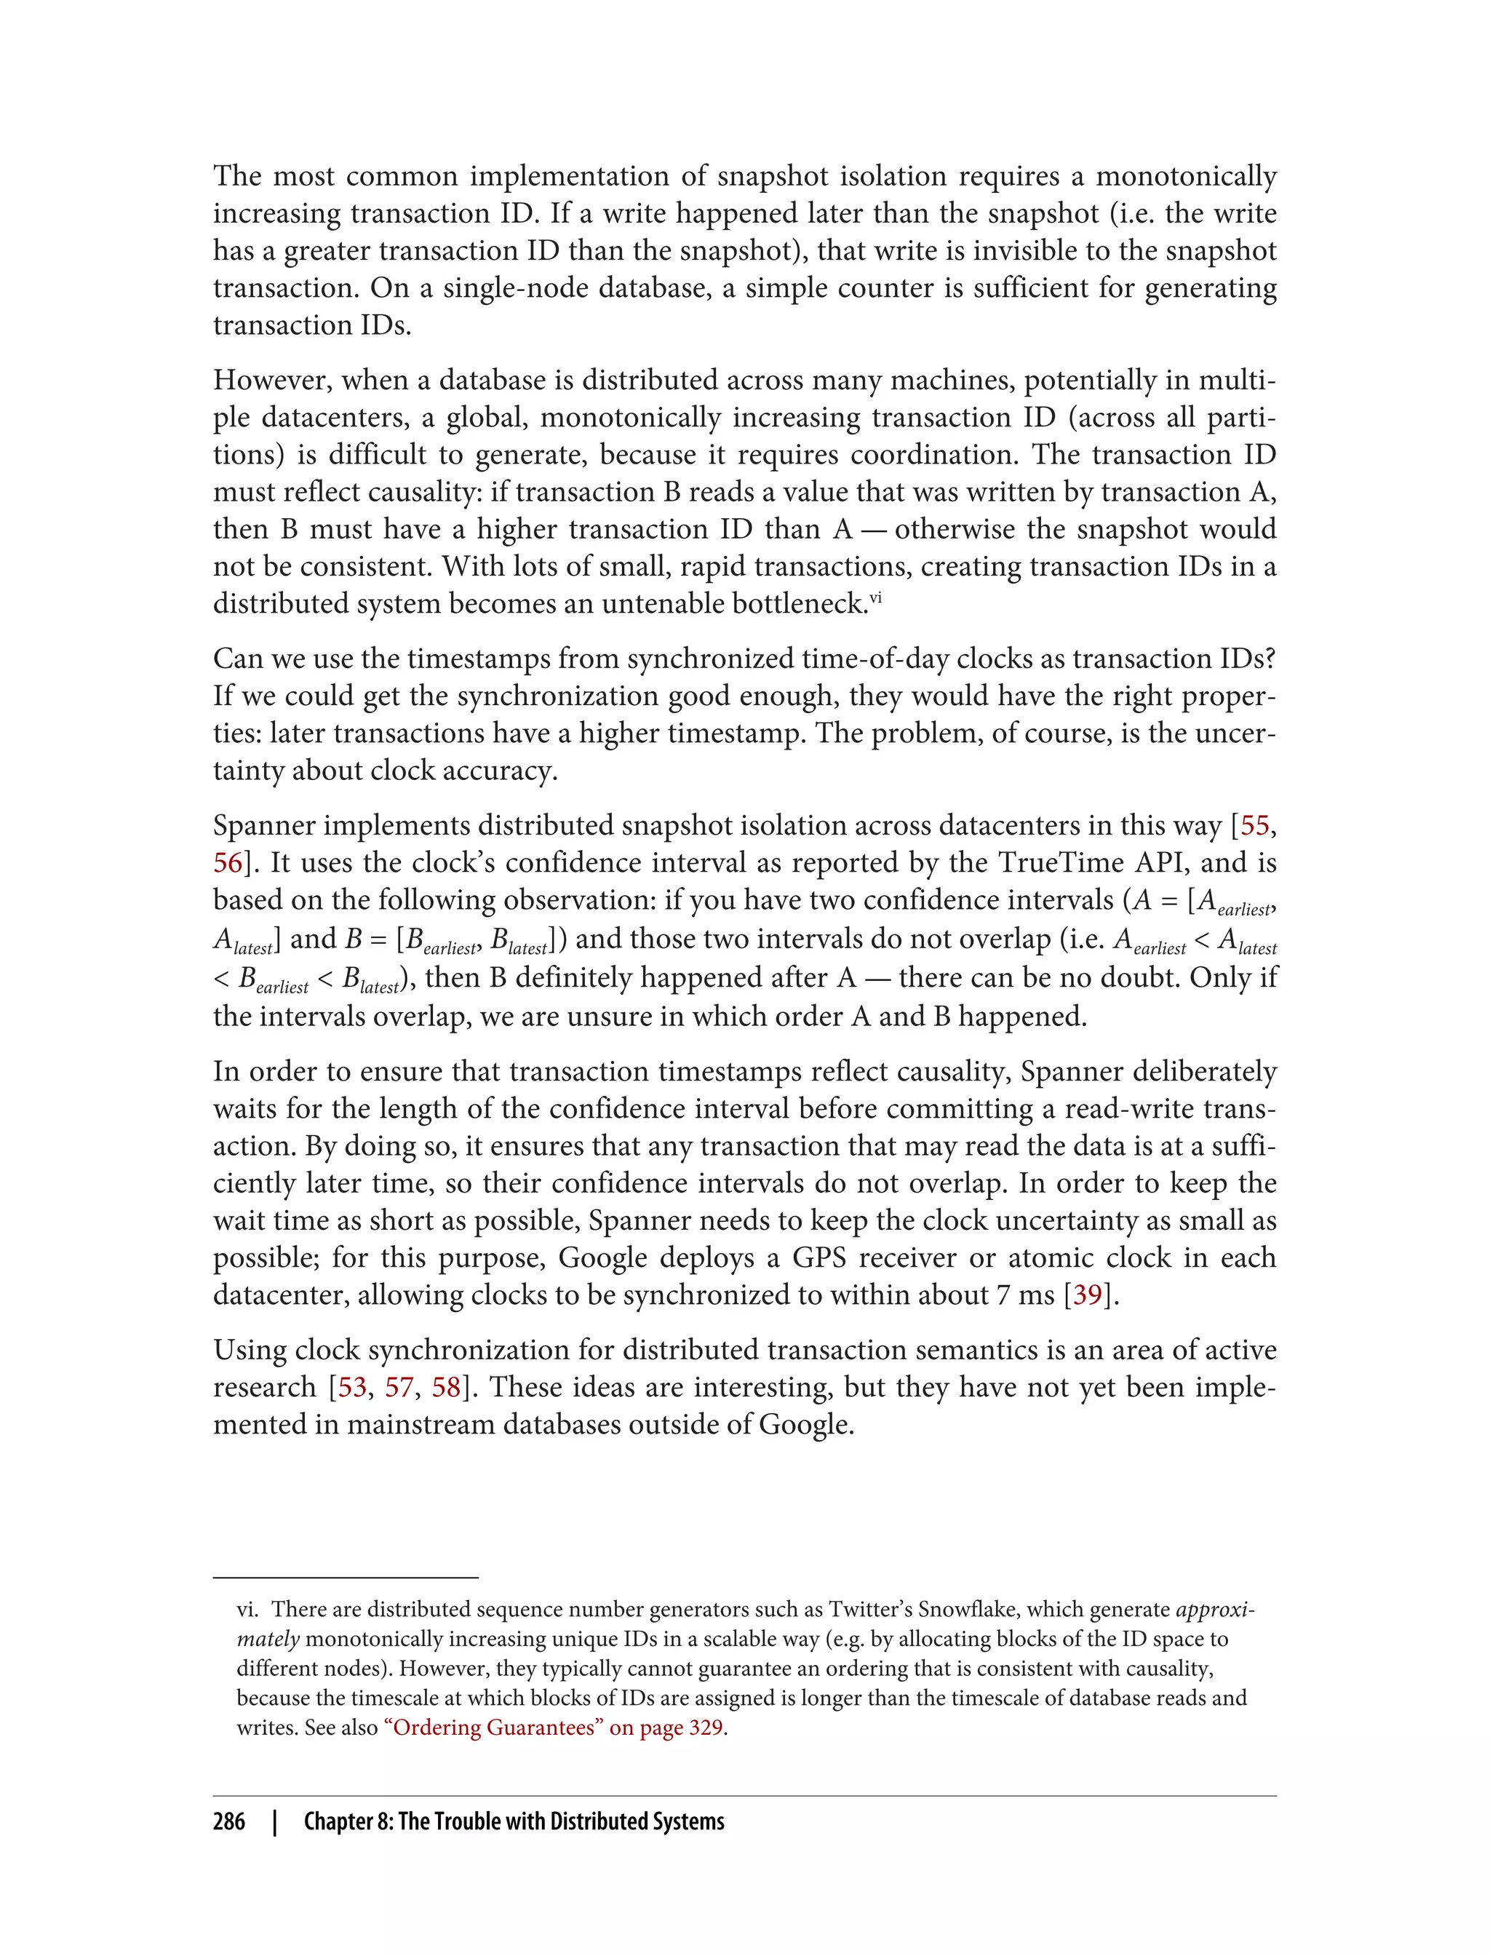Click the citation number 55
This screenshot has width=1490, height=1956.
[1254, 826]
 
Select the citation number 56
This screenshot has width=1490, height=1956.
[228, 863]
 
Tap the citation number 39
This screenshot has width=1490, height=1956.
[1088, 1295]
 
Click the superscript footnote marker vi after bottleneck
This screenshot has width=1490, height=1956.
[875, 598]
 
